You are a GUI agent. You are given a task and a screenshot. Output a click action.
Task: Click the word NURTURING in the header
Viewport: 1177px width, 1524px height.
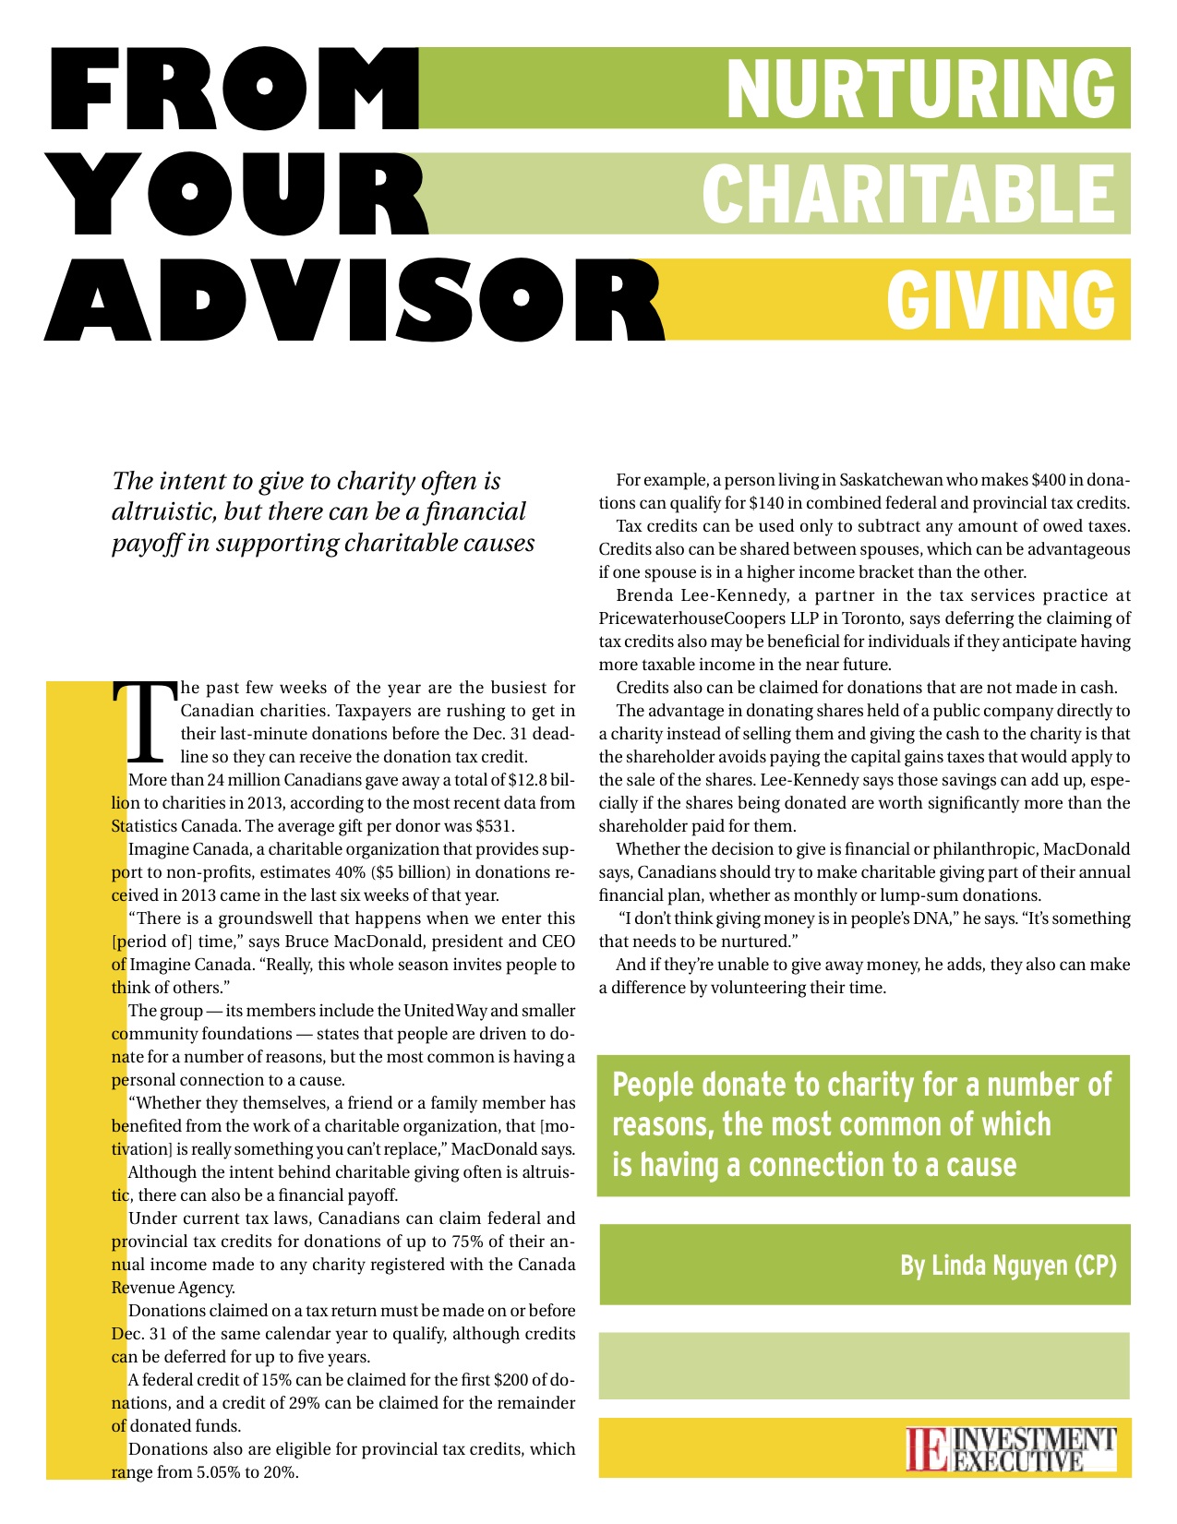[919, 89]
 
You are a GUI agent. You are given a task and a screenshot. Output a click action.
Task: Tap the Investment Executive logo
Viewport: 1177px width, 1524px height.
[1011, 1448]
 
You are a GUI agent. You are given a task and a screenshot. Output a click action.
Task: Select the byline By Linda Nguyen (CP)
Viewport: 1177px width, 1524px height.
[1008, 1265]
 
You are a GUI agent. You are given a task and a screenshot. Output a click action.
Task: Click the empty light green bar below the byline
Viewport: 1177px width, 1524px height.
[864, 1365]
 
